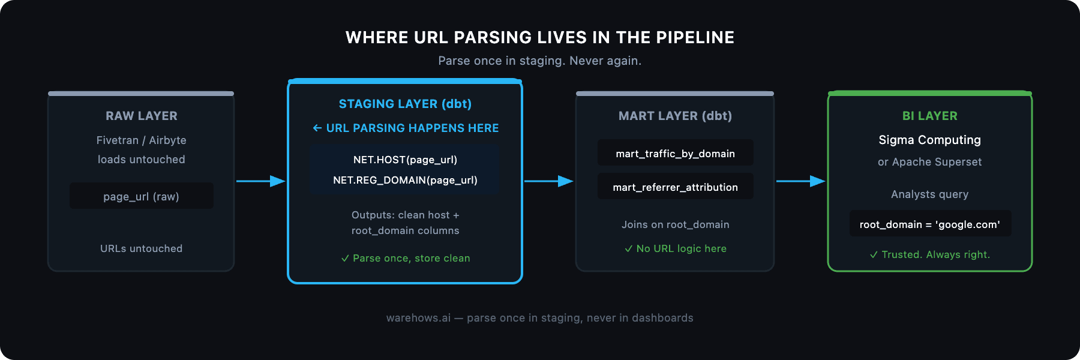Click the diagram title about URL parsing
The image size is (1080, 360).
539,37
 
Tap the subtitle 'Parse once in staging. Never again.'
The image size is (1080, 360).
539,61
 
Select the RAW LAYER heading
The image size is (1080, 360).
142,116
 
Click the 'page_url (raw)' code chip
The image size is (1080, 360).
142,196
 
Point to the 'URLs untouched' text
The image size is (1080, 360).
142,248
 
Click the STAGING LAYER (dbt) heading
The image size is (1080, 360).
405,104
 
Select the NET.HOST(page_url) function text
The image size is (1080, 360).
405,160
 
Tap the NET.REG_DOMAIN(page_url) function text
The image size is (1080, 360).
405,180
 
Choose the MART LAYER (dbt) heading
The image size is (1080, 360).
675,116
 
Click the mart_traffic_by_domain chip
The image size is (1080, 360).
675,154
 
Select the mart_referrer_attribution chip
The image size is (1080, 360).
675,187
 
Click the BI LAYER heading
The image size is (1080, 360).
929,116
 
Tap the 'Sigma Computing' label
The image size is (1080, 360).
929,140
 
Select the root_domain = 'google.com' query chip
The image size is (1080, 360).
929,224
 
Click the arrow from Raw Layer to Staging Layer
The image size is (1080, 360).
260,181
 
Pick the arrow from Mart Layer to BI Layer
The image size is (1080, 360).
800,181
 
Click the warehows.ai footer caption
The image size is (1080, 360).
539,318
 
